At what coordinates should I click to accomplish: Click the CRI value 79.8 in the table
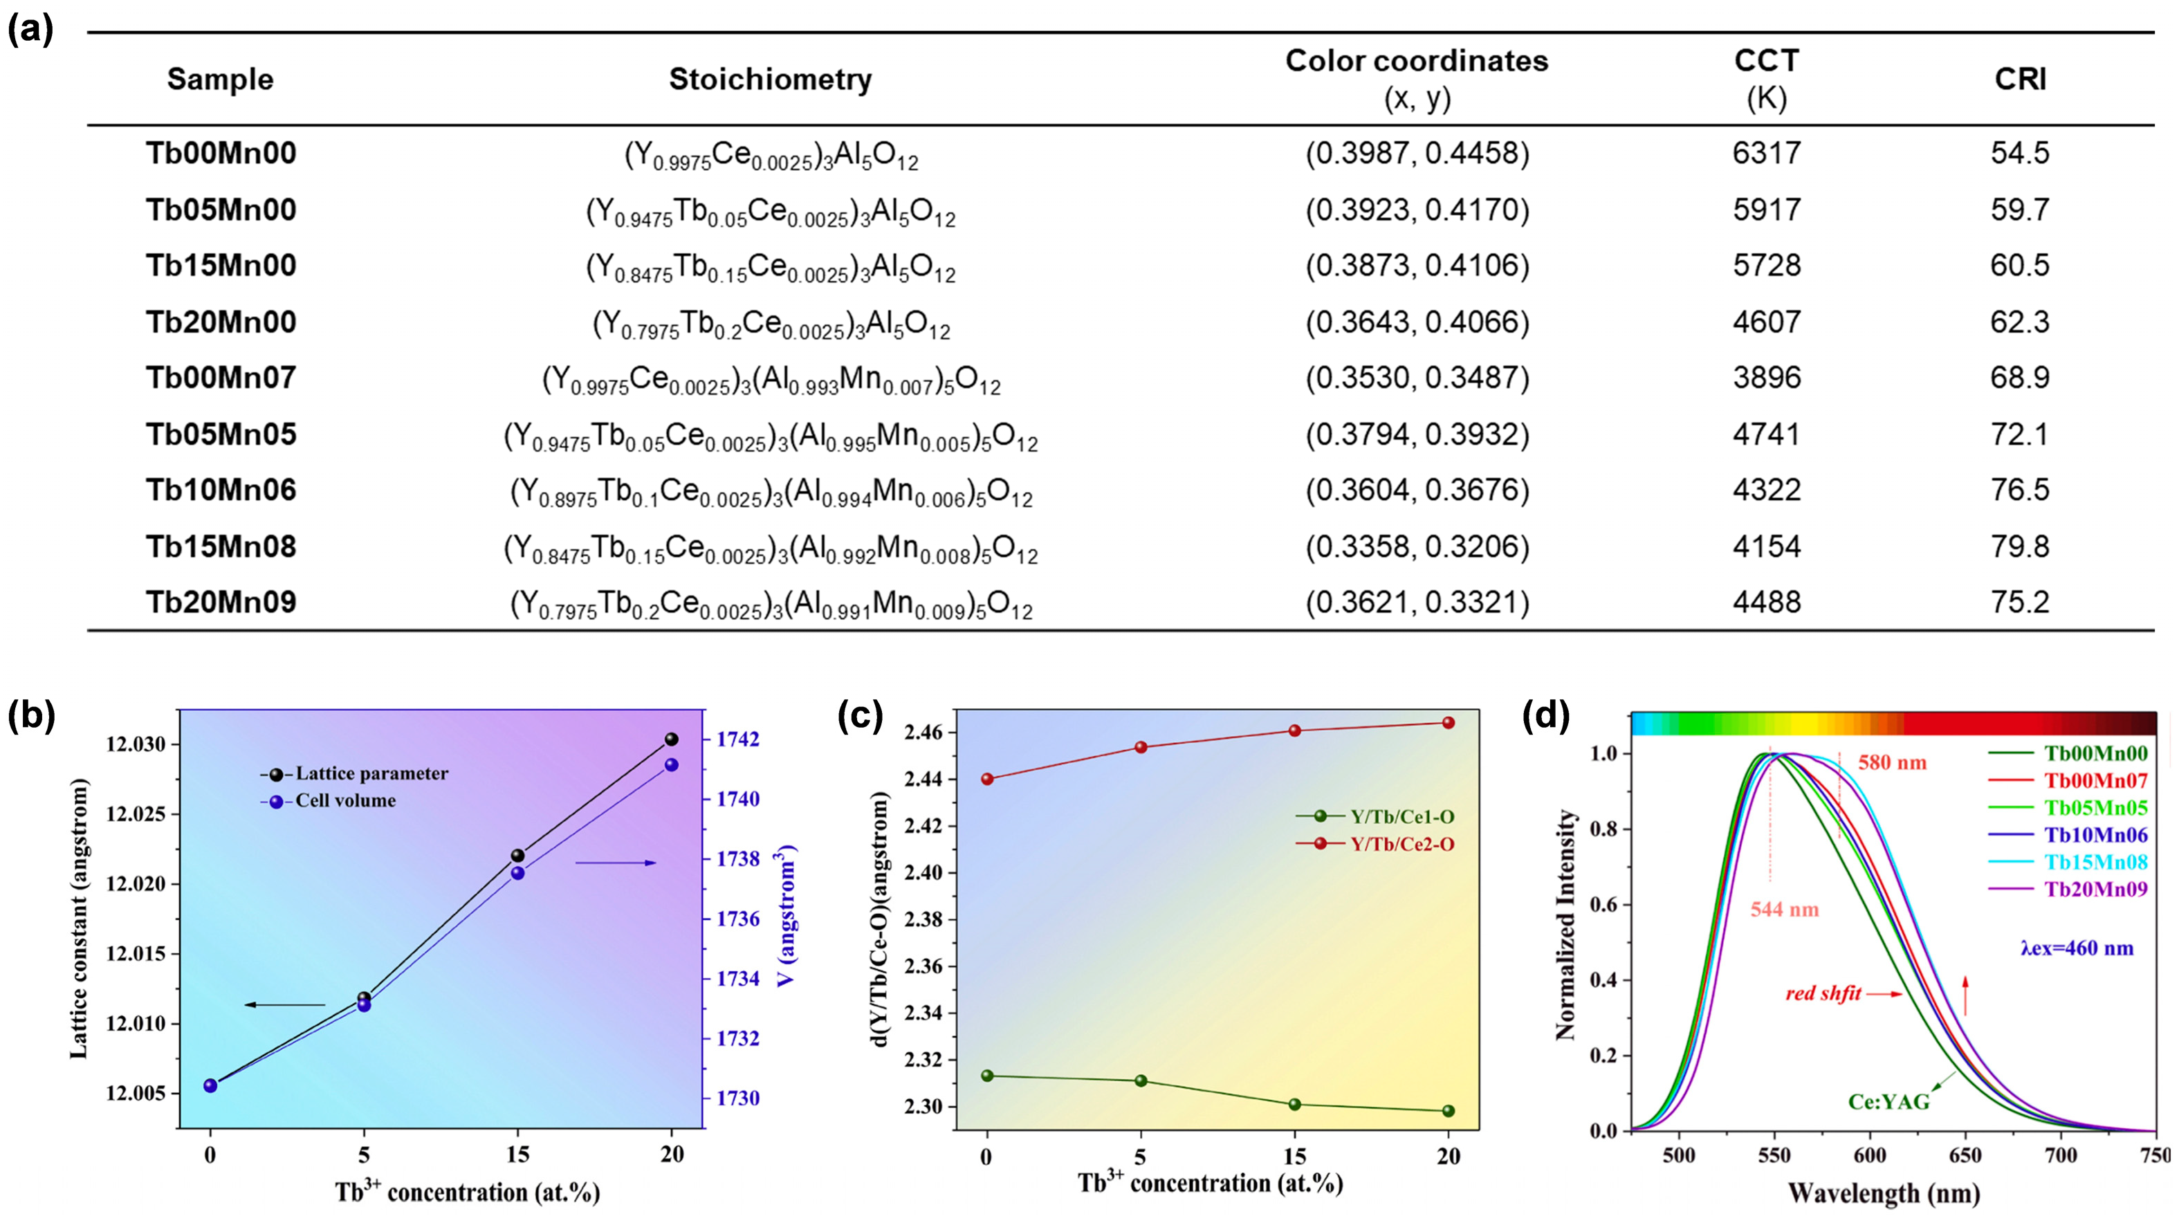pyautogui.click(x=2019, y=546)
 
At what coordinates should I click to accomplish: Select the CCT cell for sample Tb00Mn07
pyautogui.click(x=1766, y=377)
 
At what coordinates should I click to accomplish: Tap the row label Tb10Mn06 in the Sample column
pyautogui.click(x=221, y=490)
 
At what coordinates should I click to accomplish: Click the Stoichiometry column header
pyautogui.click(x=770, y=79)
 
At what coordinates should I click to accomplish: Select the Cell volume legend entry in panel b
pyautogui.click(x=344, y=800)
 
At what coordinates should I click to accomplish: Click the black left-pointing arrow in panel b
pyautogui.click(x=284, y=1005)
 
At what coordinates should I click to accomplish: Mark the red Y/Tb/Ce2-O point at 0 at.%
pyautogui.click(x=987, y=779)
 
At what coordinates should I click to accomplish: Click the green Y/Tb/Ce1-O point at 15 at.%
pyautogui.click(x=1294, y=1105)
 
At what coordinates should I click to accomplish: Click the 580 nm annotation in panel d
pyautogui.click(x=1891, y=763)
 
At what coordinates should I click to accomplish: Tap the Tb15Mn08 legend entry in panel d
pyautogui.click(x=2095, y=862)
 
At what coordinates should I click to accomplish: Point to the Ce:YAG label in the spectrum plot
pyautogui.click(x=1888, y=1102)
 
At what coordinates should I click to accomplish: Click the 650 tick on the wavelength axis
pyautogui.click(x=1965, y=1155)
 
